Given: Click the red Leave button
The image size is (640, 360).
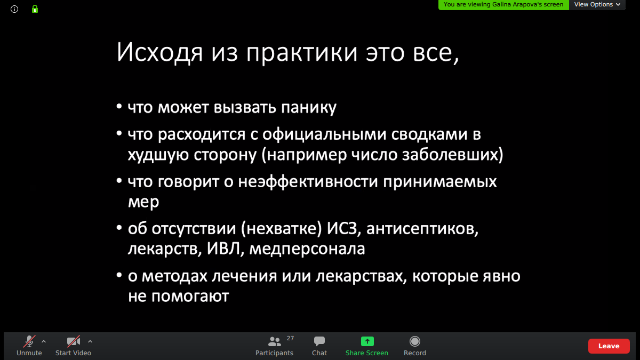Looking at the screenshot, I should tap(609, 346).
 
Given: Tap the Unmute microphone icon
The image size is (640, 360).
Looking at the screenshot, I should tap(29, 341).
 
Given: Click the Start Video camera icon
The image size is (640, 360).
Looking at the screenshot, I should tap(73, 341).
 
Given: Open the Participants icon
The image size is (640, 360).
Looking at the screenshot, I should tap(275, 341).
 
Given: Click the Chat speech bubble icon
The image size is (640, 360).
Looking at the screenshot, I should tap(319, 341).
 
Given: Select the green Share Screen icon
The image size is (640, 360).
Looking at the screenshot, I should tap(367, 341).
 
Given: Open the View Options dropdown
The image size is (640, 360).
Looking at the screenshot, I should tap(597, 5).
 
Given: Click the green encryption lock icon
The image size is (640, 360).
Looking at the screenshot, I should tap(35, 9).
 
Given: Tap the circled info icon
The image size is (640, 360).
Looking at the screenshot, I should tap(14, 9).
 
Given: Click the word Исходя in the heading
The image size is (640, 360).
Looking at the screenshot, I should tap(159, 52).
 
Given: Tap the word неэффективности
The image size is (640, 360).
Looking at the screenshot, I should tap(308, 182).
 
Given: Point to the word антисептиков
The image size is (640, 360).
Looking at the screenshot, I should tap(422, 229).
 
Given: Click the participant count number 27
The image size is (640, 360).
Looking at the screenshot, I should tap(290, 338).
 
